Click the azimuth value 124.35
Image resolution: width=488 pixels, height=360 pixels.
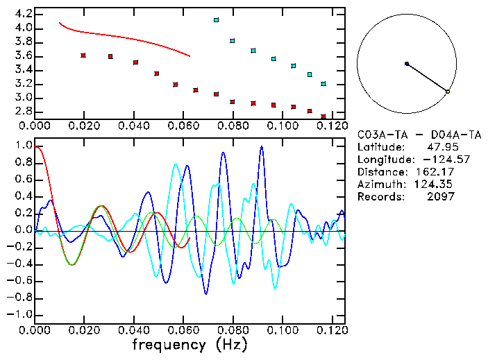(x=437, y=184)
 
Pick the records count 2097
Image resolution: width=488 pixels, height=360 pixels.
(x=441, y=196)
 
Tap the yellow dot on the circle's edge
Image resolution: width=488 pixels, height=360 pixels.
(x=448, y=92)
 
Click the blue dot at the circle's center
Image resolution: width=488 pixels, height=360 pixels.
(x=407, y=64)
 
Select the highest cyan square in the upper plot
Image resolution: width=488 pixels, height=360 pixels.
(x=217, y=21)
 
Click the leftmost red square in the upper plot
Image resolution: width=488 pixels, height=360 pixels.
(x=83, y=55)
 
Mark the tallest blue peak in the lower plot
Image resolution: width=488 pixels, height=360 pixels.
(x=262, y=146)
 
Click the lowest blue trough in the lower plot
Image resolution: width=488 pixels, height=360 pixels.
(x=205, y=293)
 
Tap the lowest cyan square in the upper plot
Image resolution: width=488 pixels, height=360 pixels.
(x=323, y=84)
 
